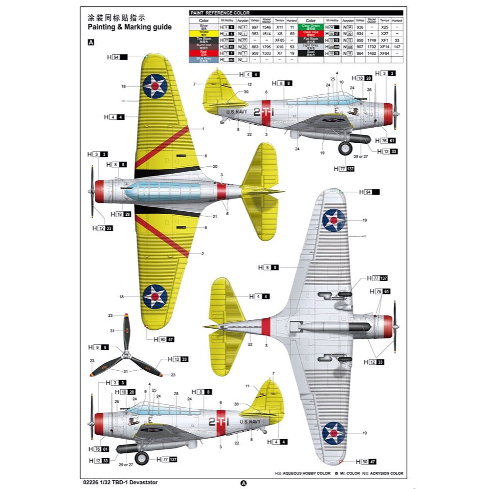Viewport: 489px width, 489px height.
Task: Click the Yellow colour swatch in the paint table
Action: [203, 33]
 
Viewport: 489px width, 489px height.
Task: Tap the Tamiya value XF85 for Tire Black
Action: [280, 40]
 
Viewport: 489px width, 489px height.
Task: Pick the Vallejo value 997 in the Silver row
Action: [255, 27]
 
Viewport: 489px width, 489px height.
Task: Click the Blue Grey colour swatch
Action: [203, 59]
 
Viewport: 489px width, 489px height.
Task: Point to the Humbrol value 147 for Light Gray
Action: [398, 46]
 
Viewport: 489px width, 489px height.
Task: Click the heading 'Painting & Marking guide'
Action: [130, 27]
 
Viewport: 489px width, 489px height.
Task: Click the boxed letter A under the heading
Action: [91, 43]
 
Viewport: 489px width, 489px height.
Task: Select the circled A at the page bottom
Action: [244, 483]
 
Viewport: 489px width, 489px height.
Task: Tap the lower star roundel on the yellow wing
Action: [155, 296]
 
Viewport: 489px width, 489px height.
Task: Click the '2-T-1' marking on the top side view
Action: [264, 112]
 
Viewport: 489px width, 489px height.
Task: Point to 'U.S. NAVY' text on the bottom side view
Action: [250, 421]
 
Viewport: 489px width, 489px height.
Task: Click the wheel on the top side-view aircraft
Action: [345, 148]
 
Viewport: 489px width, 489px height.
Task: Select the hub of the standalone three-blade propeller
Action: [126, 354]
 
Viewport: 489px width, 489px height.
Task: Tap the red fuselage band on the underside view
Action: [266, 327]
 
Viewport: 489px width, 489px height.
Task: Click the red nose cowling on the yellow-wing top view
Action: [99, 191]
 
